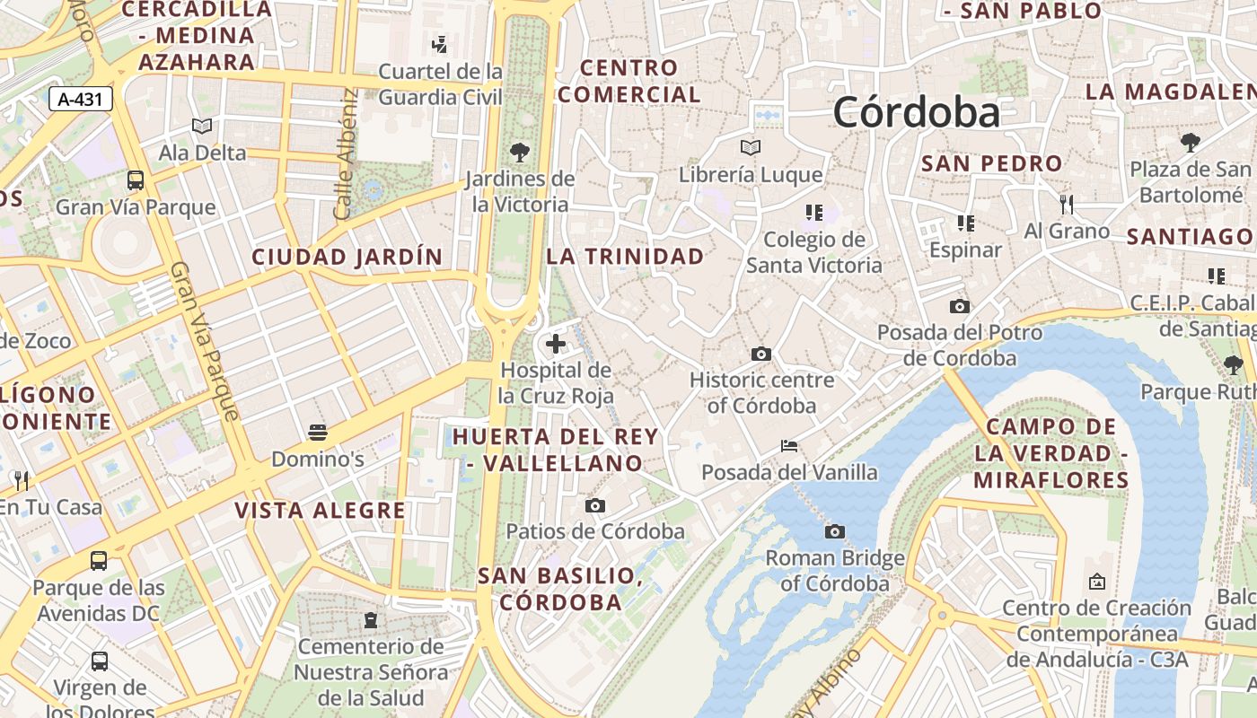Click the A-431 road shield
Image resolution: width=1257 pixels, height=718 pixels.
(80, 100)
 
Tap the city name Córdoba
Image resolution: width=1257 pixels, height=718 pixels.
(916, 113)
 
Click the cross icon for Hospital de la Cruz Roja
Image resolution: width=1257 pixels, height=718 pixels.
(556, 343)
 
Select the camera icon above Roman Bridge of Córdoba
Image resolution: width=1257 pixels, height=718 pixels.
(835, 532)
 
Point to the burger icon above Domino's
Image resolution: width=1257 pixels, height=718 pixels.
(317, 433)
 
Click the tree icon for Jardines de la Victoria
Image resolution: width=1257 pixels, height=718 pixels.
(519, 152)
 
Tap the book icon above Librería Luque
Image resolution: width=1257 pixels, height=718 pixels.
(751, 147)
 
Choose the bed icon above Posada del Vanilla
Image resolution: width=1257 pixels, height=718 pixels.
(789, 446)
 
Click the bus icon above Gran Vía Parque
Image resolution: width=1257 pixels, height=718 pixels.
(136, 180)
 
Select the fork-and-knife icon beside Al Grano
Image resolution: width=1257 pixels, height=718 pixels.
(1067, 205)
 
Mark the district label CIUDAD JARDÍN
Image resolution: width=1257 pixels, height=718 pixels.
(347, 257)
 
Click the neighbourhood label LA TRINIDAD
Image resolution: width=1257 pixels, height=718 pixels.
(626, 257)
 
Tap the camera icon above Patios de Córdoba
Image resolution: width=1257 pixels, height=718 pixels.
(594, 506)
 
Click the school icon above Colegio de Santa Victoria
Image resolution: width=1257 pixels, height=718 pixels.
(814, 213)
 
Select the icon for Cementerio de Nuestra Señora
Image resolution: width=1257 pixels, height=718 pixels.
(370, 619)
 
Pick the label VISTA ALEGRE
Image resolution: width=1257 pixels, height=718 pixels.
(321, 511)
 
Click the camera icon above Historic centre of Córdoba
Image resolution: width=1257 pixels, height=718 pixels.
(761, 355)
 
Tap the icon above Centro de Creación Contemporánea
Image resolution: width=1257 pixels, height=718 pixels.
(1096, 582)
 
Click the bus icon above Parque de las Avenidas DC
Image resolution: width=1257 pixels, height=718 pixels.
(99, 561)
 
